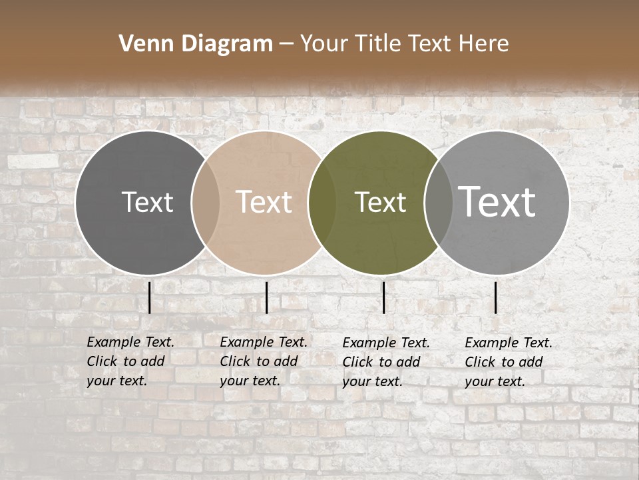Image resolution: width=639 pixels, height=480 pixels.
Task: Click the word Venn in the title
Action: (140, 44)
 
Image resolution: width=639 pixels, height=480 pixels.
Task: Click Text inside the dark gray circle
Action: (147, 202)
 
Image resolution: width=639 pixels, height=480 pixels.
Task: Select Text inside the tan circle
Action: (264, 202)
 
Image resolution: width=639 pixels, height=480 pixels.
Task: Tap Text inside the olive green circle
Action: (380, 202)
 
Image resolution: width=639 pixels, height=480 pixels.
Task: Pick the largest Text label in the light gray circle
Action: (497, 202)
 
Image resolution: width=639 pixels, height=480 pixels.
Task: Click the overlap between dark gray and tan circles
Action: (206, 202)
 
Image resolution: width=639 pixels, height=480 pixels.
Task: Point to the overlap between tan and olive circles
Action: (322, 202)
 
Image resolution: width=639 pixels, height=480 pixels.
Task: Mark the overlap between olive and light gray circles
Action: (439, 202)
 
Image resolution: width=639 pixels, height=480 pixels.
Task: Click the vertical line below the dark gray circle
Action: (150, 297)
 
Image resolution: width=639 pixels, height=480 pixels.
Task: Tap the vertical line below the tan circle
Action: (266, 297)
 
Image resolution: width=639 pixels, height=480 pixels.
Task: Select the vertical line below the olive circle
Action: (384, 297)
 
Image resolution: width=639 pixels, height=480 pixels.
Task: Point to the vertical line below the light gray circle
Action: (496, 297)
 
